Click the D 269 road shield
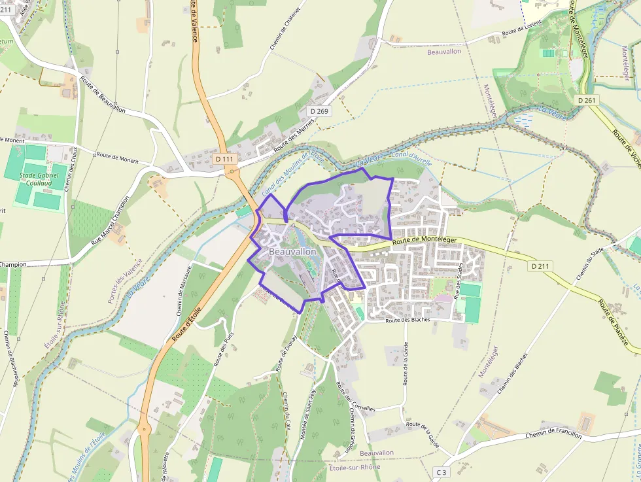319,111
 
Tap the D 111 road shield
224,159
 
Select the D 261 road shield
587,100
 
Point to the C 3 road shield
443,472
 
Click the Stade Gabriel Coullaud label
39,179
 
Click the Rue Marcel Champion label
111,220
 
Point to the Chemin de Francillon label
553,434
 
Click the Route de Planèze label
617,324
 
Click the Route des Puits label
224,344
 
